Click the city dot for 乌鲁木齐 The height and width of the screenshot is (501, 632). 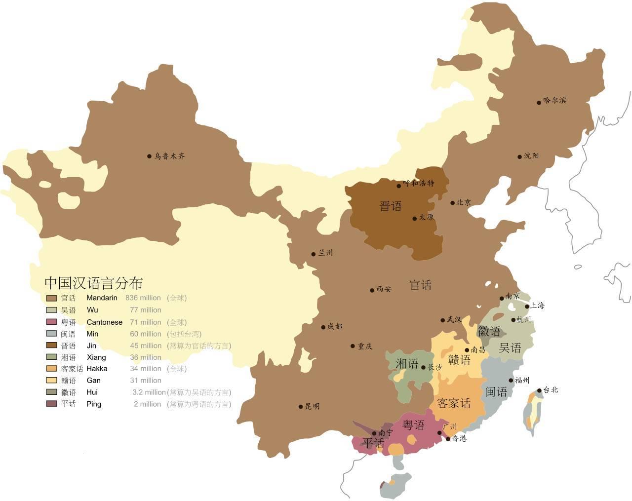pyautogui.click(x=149, y=156)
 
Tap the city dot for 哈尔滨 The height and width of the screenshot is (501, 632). pyautogui.click(x=539, y=103)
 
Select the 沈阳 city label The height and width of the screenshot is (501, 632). pyautogui.click(x=531, y=156)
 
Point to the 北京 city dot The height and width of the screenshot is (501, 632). pyautogui.click(x=452, y=203)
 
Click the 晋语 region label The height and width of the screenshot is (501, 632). pyautogui.click(x=391, y=206)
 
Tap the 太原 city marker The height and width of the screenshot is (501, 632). pyautogui.click(x=415, y=218)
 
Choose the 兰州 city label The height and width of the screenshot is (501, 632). pyautogui.click(x=325, y=253)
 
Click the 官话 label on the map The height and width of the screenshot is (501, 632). pyautogui.click(x=421, y=285)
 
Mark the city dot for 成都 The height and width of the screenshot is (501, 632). pyautogui.click(x=323, y=327)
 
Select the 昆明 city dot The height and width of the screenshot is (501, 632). pyautogui.click(x=301, y=407)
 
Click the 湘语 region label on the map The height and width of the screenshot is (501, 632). pyautogui.click(x=407, y=364)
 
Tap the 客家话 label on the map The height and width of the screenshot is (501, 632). pyautogui.click(x=454, y=403)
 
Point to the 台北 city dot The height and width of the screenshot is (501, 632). pyautogui.click(x=539, y=391)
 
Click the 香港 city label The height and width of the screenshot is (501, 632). pyautogui.click(x=459, y=438)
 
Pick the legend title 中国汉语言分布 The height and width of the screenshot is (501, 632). pyautogui.click(x=94, y=283)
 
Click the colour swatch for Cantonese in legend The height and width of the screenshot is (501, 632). pyautogui.click(x=51, y=322)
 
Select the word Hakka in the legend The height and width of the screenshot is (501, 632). pyautogui.click(x=97, y=369)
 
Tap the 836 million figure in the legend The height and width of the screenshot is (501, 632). pyautogui.click(x=143, y=298)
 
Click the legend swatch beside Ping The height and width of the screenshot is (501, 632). pyautogui.click(x=51, y=404)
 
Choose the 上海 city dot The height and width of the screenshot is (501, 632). pyautogui.click(x=527, y=307)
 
